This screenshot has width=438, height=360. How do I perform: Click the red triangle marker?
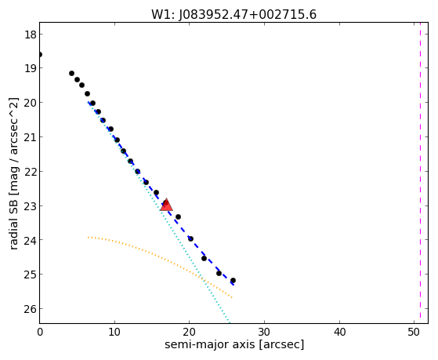[166, 205]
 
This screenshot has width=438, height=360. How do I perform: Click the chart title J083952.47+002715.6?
[233, 14]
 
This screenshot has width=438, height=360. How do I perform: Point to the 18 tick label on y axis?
[30, 35]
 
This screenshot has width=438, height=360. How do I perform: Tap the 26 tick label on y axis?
[30, 309]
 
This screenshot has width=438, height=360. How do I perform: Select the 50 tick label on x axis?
[414, 332]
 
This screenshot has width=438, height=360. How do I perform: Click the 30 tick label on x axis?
[264, 332]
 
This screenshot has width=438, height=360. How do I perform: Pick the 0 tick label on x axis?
[40, 332]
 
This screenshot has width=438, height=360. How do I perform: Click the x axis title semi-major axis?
[234, 344]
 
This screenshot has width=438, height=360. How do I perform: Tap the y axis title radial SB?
[13, 173]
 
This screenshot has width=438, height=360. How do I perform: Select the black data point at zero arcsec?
[40, 55]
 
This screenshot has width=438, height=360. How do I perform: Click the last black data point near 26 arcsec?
[233, 280]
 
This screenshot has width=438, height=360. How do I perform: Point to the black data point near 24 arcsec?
[219, 273]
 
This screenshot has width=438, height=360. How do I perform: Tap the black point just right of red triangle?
[178, 216]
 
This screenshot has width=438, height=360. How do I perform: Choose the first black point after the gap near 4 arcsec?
[71, 73]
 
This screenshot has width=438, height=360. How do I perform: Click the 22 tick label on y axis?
[30, 172]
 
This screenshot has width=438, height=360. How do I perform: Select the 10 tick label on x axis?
[114, 332]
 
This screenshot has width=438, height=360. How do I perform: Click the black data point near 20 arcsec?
[190, 238]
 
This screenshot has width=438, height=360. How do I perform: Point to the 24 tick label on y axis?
[30, 240]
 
